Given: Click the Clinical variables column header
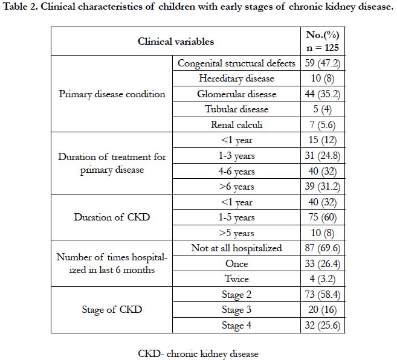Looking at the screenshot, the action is [x=176, y=41].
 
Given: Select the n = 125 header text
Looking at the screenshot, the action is [x=322, y=48].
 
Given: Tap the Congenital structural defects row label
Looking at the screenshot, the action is [x=236, y=63].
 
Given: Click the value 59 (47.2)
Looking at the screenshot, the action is [x=322, y=63].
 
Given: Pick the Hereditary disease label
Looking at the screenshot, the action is [x=236, y=79].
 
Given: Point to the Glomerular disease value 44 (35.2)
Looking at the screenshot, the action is [x=322, y=94].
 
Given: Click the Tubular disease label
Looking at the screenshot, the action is [x=236, y=109].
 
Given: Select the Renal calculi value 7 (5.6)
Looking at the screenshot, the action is [x=322, y=124].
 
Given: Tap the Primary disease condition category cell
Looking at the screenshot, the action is [x=112, y=94].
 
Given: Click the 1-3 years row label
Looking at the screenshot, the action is [x=236, y=156].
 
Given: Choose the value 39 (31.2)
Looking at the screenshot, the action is [x=322, y=186].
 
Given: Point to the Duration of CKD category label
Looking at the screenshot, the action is [x=112, y=217].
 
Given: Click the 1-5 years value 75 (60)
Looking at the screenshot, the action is [x=322, y=217].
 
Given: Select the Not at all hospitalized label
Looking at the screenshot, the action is [x=236, y=248].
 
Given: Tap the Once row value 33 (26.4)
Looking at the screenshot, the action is [x=322, y=263].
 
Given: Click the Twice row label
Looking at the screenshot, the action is [x=236, y=278].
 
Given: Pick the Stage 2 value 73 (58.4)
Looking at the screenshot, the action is [x=322, y=294].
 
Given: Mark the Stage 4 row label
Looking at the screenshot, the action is [x=236, y=326].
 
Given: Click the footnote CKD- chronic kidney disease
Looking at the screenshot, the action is [x=198, y=354].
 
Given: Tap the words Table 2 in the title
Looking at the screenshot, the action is [x=20, y=6].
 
